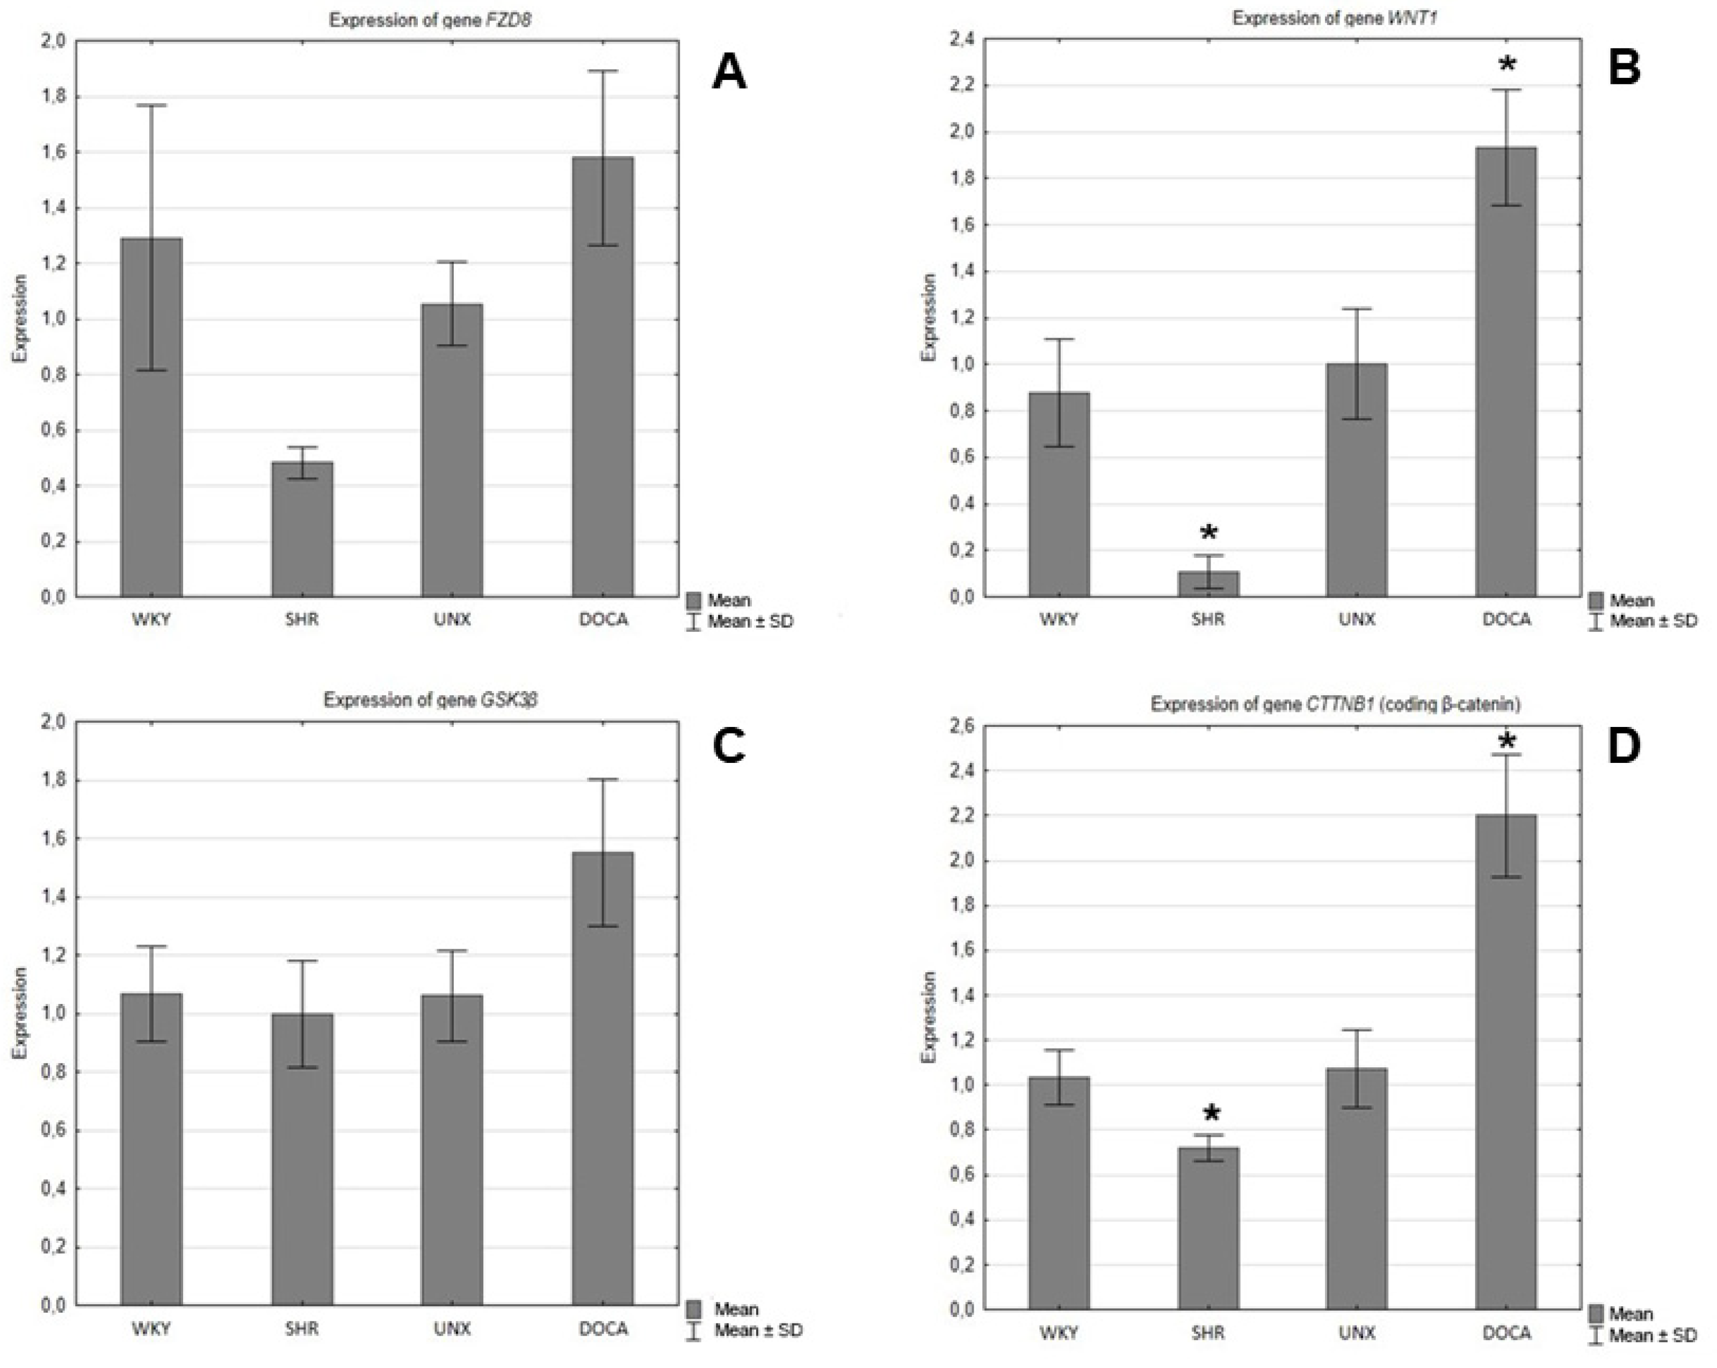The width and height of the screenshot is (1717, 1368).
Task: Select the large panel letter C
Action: click(x=729, y=747)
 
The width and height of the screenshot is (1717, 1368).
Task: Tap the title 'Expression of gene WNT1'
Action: click(x=1334, y=18)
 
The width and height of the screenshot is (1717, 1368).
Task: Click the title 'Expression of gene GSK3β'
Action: click(x=430, y=700)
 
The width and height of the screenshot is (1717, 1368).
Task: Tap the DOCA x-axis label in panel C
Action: click(x=603, y=1328)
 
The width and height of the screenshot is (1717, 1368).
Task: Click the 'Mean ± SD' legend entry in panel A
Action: click(x=749, y=622)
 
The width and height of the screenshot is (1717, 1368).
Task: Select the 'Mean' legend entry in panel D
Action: click(x=1630, y=1313)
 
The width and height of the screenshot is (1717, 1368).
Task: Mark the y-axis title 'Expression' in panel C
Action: click(x=20, y=1013)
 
